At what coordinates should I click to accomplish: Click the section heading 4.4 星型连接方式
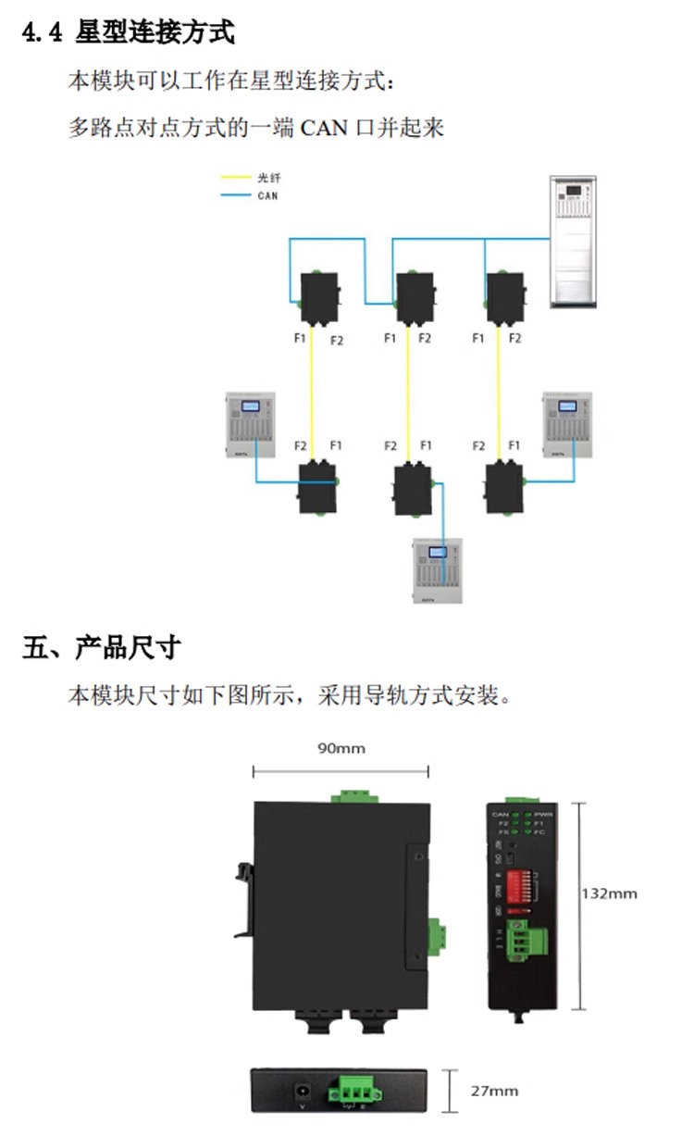pos(129,33)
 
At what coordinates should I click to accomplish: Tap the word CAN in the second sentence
pos(323,127)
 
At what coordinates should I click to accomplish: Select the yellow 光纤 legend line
pos(235,177)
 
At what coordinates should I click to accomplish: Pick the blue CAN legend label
pos(267,195)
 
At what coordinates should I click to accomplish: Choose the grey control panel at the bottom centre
pos(437,571)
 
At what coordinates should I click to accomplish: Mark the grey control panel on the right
pos(565,425)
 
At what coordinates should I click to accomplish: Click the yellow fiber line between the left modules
pos(313,393)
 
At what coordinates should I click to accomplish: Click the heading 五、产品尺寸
pos(101,647)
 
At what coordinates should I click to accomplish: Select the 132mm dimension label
pos(609,893)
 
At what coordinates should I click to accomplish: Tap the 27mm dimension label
pos(494,1091)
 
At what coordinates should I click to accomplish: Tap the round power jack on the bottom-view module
pos(300,1090)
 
